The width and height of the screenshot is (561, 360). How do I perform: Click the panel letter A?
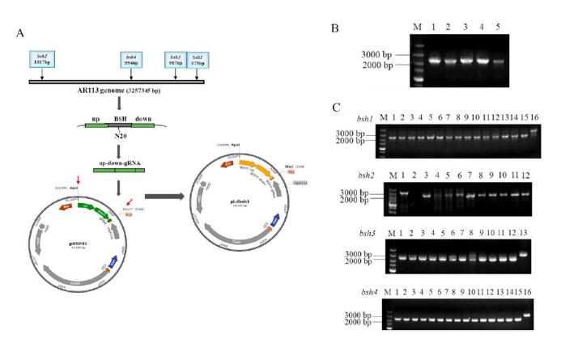[19, 33]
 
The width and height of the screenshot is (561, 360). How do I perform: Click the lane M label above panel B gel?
[418, 28]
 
